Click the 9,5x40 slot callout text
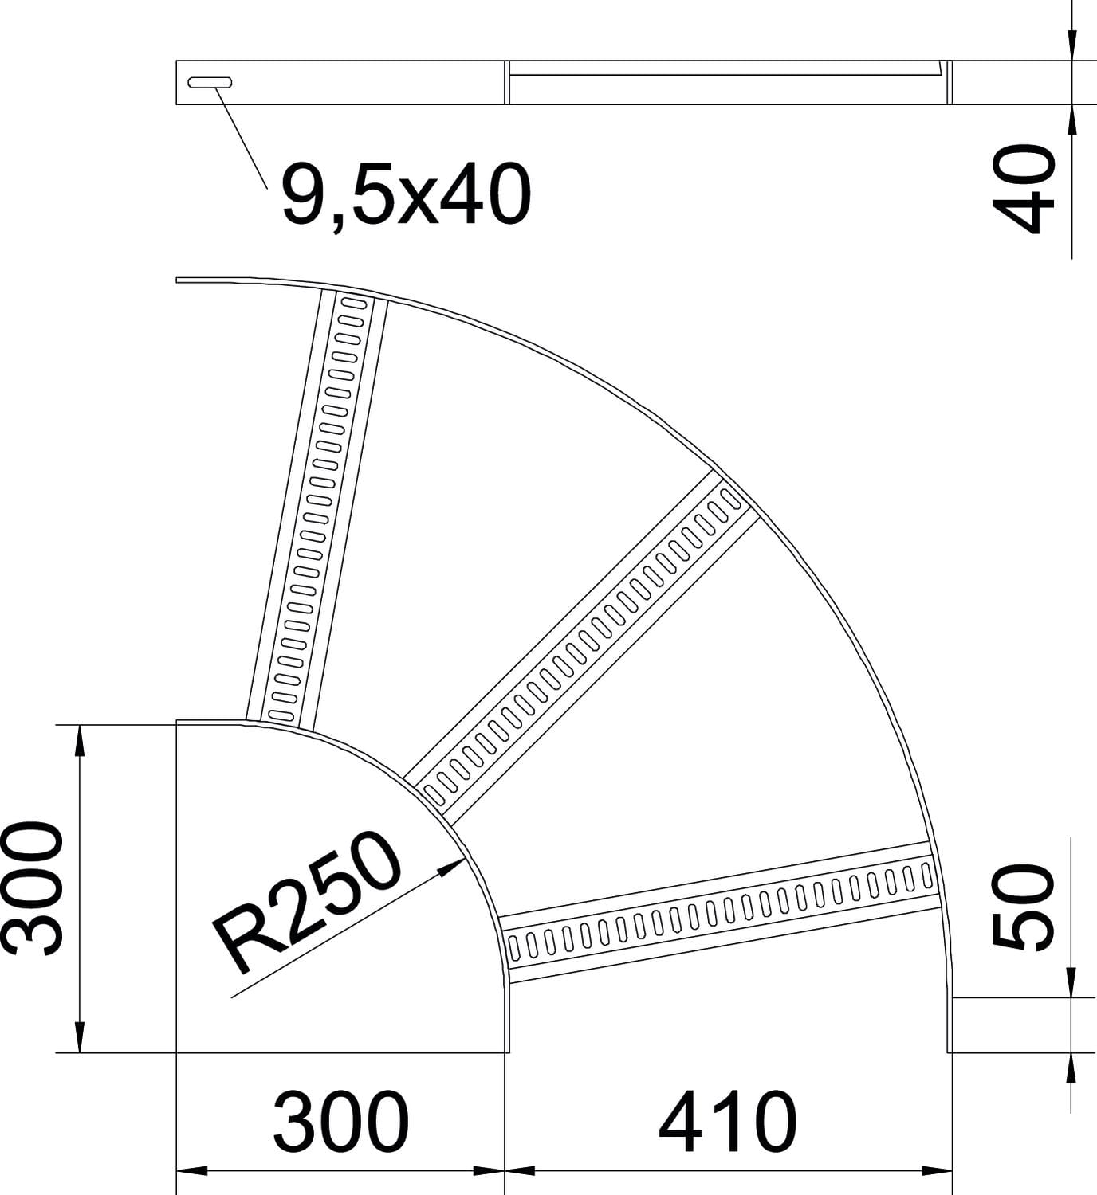(x=406, y=195)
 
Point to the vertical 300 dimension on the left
(x=33, y=887)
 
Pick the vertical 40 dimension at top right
(x=1024, y=189)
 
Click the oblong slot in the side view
(x=210, y=82)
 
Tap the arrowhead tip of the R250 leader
(x=466, y=859)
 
